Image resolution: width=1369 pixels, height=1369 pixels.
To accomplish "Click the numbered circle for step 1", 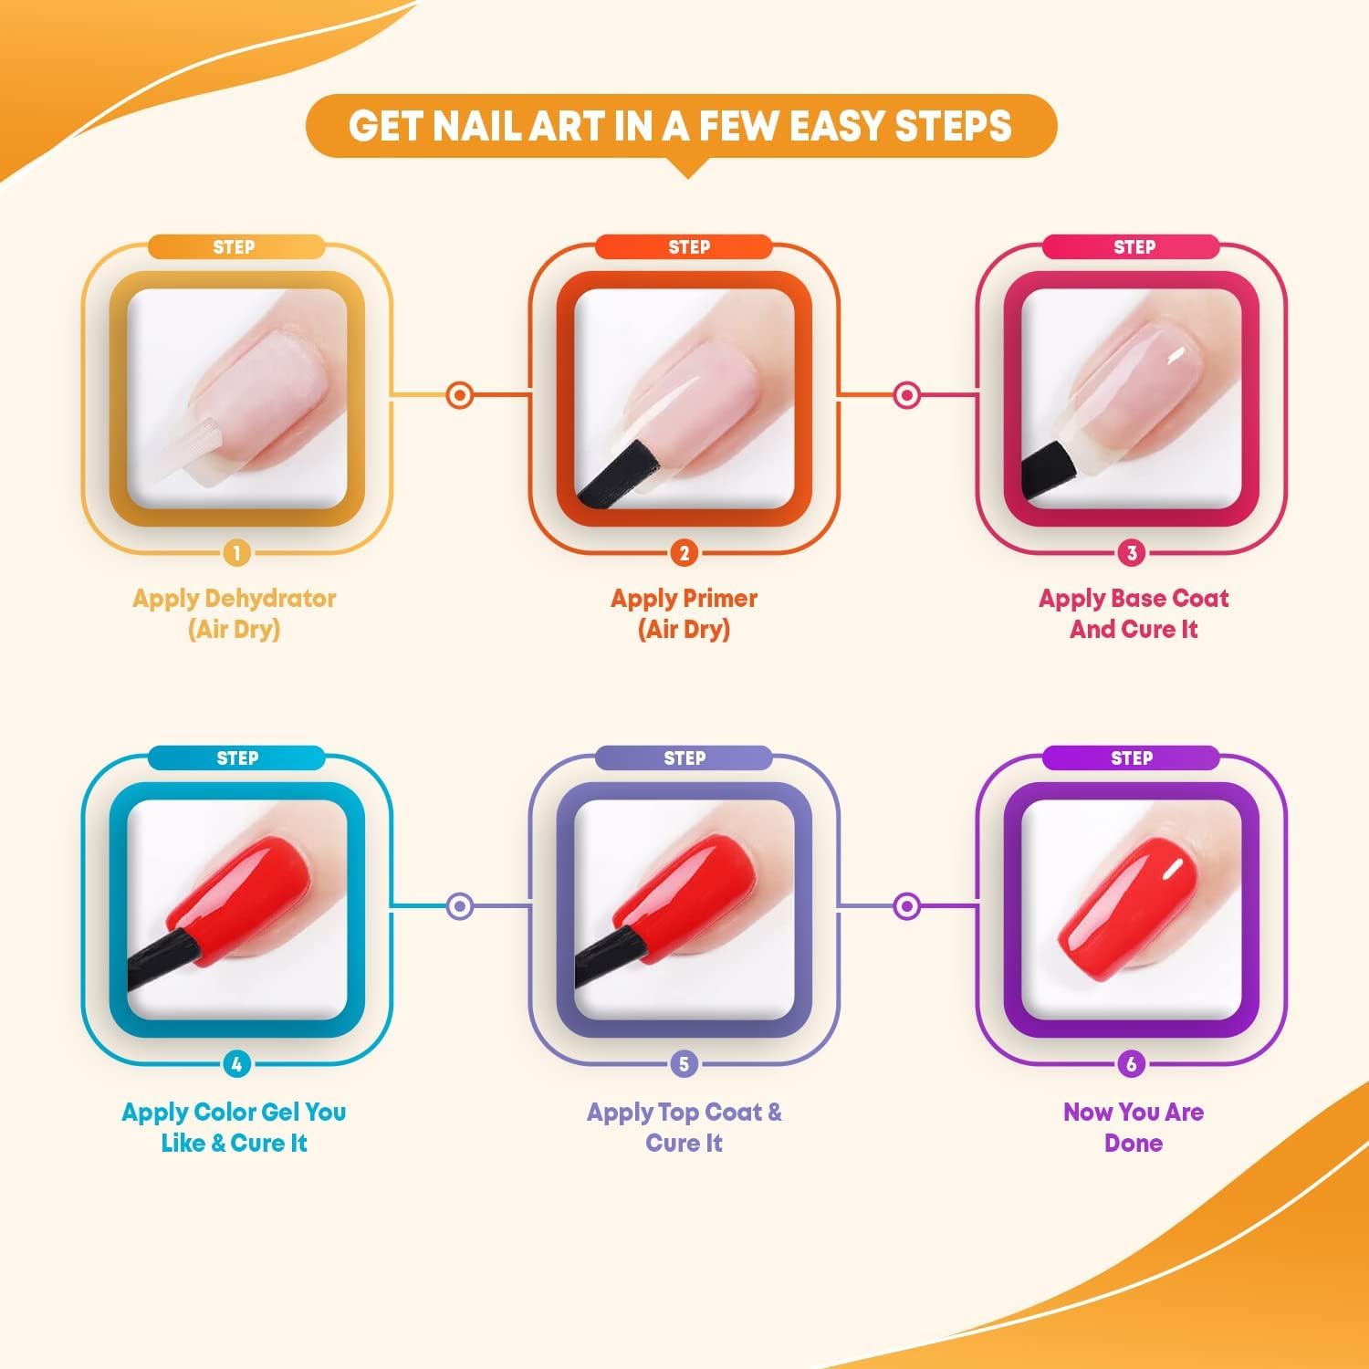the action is (x=236, y=552).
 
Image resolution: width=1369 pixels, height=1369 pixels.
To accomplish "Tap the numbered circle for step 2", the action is (x=684, y=552).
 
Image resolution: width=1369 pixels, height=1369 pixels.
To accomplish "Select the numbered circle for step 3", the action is (x=1132, y=552).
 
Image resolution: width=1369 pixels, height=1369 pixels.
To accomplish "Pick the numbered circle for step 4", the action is (x=236, y=1063).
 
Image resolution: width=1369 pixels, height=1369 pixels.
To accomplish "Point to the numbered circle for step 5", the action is (x=684, y=1063).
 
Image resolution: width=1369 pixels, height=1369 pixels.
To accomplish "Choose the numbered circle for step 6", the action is (x=1132, y=1063).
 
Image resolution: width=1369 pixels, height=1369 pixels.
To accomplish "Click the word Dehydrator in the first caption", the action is (x=271, y=600).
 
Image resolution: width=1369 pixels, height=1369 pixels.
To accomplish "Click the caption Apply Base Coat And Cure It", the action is (x=1134, y=613).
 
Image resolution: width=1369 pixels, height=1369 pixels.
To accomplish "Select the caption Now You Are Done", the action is (x=1134, y=1127).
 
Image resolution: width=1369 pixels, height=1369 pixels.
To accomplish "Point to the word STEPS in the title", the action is (x=953, y=126).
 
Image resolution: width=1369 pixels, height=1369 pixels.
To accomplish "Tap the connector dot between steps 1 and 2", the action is (x=460, y=395).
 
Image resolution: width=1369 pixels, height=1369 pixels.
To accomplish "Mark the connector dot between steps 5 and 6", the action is (x=906, y=906).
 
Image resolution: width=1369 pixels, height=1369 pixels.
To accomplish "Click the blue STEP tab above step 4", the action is (x=236, y=758).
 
